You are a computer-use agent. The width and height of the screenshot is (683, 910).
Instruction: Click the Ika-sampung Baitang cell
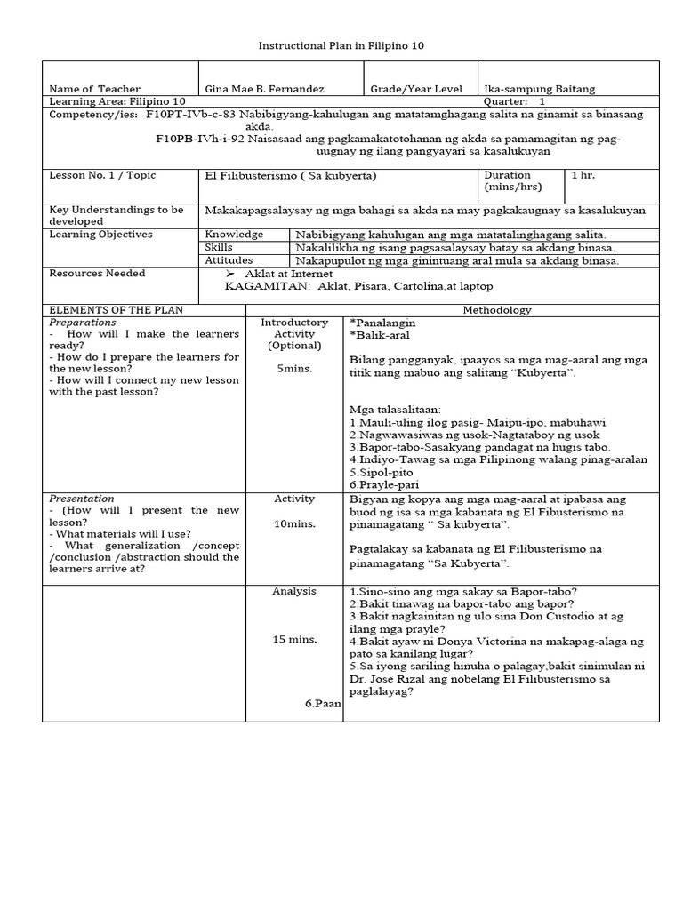tap(539, 89)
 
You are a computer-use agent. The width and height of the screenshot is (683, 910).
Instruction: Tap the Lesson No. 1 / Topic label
tap(102, 175)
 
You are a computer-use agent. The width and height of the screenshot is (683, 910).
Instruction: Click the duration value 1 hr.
tap(583, 175)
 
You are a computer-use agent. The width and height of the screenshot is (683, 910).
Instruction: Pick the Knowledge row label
tap(234, 235)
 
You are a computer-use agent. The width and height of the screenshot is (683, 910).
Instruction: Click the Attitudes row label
tap(230, 260)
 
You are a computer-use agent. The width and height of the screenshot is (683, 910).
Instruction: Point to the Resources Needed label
tap(97, 274)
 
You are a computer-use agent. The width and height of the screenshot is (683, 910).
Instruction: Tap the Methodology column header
tap(497, 310)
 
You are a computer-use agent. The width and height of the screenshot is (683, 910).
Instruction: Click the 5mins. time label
tap(293, 368)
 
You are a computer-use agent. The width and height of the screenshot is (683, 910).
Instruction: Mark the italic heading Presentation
tap(82, 499)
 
